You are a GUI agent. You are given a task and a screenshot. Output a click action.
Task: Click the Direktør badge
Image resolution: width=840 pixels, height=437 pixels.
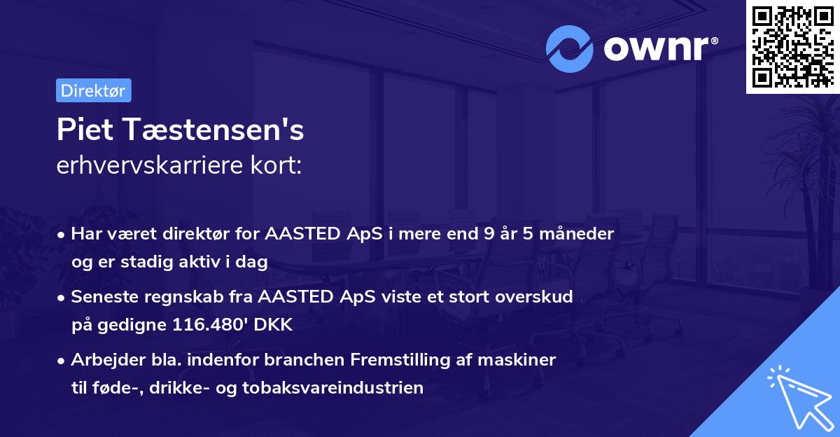tap(93, 90)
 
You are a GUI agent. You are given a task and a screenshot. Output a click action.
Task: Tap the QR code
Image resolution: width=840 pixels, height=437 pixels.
tap(792, 46)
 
